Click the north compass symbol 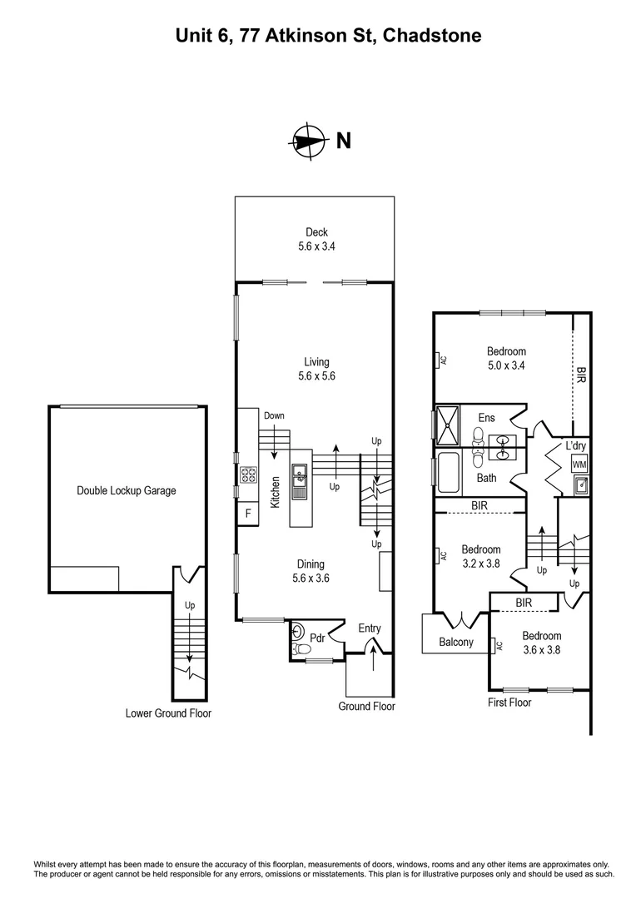(x=307, y=142)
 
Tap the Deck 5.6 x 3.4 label (x=316, y=240)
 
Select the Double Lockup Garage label (x=127, y=490)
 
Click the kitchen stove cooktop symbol (x=248, y=476)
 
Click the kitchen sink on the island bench (x=300, y=478)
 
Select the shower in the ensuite (x=448, y=425)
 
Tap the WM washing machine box (x=579, y=464)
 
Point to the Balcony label (x=456, y=642)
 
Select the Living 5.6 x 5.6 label (x=316, y=369)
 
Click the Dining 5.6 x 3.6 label (x=311, y=571)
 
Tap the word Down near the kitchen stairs (x=274, y=415)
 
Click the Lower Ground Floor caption (x=168, y=713)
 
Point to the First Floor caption (x=509, y=703)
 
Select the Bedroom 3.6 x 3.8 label (x=542, y=643)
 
